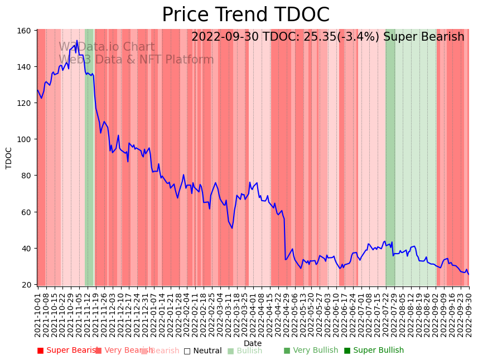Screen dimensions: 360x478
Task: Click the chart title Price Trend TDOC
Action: (245, 15)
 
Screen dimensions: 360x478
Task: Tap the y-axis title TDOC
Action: (9, 158)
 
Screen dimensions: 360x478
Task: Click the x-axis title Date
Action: (253, 344)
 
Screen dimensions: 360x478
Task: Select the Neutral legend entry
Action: (203, 351)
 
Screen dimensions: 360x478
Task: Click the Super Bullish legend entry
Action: (374, 351)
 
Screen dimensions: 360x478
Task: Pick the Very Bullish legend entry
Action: (311, 351)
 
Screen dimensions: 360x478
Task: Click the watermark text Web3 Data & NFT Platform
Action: (136, 60)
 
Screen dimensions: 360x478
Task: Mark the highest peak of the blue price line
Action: (77, 41)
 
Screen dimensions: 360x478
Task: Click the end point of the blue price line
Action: (469, 274)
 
